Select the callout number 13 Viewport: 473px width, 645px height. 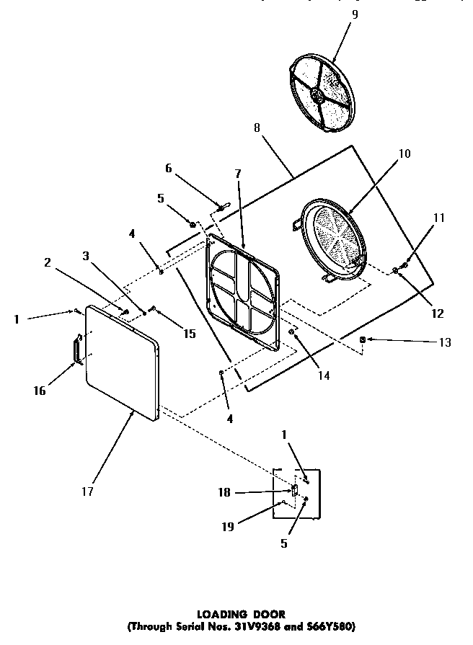click(x=445, y=342)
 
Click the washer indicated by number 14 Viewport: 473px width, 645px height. click(x=292, y=332)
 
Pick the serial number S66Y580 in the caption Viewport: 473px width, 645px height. click(x=331, y=626)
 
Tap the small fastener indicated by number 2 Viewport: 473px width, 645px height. click(x=125, y=311)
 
